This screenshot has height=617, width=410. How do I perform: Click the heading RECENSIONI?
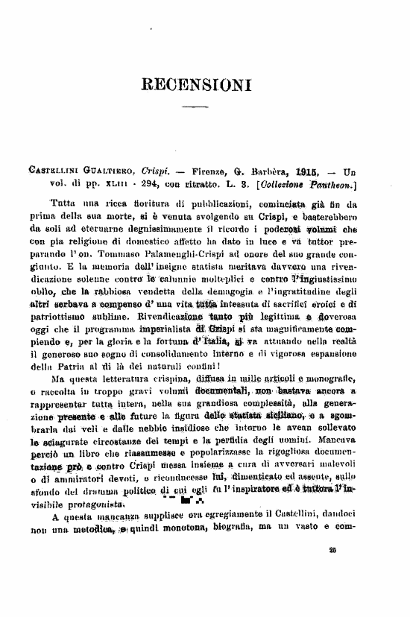[x=204, y=83]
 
